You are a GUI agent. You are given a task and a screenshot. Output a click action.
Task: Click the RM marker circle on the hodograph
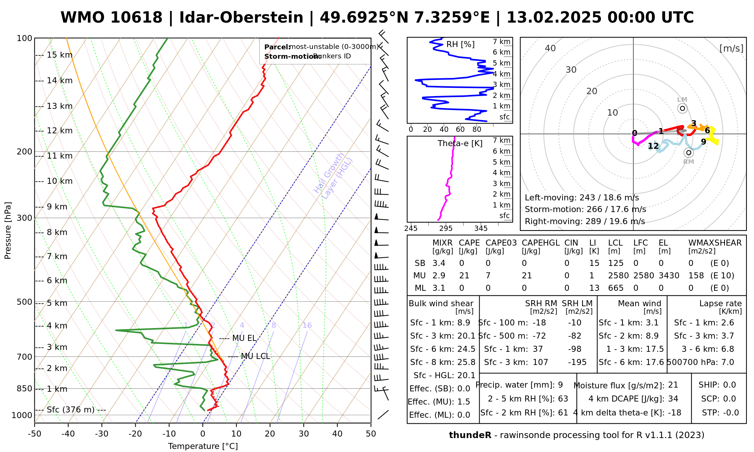689,153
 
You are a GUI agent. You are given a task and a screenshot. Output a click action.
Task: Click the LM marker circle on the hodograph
682,108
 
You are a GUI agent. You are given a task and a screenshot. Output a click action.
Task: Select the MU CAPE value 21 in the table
464,276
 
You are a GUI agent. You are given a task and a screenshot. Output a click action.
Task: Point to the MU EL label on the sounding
244,338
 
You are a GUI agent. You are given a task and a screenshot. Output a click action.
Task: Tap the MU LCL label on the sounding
255,356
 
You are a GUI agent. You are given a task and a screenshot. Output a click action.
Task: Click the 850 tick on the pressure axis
25,389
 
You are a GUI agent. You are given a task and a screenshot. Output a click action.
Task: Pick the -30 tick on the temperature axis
102,434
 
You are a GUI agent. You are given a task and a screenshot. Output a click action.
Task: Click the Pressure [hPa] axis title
8,231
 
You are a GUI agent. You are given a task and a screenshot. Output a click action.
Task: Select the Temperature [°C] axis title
203,446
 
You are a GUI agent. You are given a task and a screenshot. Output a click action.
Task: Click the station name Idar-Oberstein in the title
241,18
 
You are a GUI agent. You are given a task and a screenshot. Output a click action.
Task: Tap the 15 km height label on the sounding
60,55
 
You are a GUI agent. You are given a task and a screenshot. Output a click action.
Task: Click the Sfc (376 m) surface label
70,410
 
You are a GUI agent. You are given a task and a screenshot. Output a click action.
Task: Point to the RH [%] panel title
460,44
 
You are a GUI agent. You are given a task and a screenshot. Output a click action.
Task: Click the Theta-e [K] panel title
460,144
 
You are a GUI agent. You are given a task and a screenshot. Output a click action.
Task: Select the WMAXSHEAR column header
715,243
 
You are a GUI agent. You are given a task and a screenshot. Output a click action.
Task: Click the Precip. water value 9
560,385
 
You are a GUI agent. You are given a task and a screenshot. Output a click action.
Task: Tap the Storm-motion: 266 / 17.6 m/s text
585,209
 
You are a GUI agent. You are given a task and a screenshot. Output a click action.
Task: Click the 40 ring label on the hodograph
550,48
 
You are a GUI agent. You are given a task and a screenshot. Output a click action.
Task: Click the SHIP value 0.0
729,385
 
